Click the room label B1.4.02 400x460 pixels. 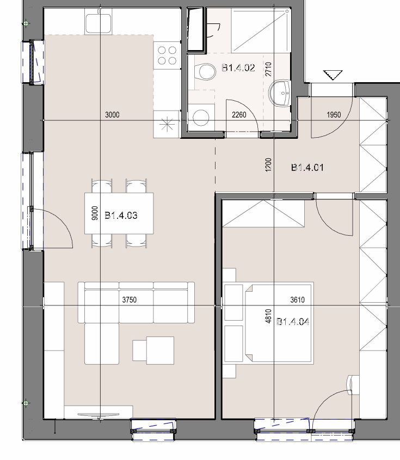[x=238, y=68]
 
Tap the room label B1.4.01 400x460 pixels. [x=307, y=168]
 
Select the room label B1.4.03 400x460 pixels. [x=121, y=216]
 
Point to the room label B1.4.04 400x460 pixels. [x=293, y=322]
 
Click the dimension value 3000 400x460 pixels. [x=112, y=115]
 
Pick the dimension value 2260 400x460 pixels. [x=239, y=115]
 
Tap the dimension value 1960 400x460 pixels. [x=334, y=115]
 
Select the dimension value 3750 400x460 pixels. [x=130, y=300]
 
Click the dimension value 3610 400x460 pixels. [x=297, y=300]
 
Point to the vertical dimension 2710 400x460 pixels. [x=268, y=69]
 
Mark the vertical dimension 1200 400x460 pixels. [x=268, y=165]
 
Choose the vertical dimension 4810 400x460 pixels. [x=268, y=316]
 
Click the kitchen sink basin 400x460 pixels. [x=99, y=23]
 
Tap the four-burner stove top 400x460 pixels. [x=167, y=55]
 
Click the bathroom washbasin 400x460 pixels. [x=280, y=93]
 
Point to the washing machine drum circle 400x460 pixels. [x=201, y=118]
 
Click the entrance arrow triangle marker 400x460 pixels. [x=333, y=75]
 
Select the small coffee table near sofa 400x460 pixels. [x=153, y=350]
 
